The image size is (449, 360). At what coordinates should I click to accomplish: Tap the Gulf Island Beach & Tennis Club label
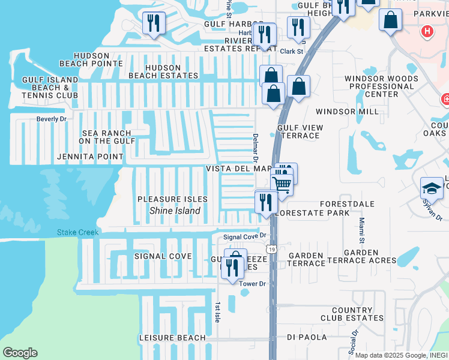(x=50, y=88)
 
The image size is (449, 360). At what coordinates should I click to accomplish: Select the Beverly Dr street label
(x=52, y=119)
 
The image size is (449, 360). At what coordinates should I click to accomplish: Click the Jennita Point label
(x=90, y=157)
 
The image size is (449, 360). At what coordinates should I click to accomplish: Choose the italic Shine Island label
(x=175, y=211)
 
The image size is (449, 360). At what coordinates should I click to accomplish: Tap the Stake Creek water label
(x=77, y=232)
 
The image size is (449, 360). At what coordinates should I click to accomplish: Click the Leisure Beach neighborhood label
(x=172, y=338)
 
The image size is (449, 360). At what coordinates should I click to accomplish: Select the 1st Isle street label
(x=217, y=312)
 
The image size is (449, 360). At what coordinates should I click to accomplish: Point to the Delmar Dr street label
(x=255, y=148)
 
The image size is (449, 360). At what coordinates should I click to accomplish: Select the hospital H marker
(x=427, y=31)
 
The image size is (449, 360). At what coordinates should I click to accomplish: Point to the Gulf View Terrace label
(x=300, y=131)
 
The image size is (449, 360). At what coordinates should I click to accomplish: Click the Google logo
(x=20, y=353)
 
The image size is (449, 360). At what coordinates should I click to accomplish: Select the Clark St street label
(x=291, y=52)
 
